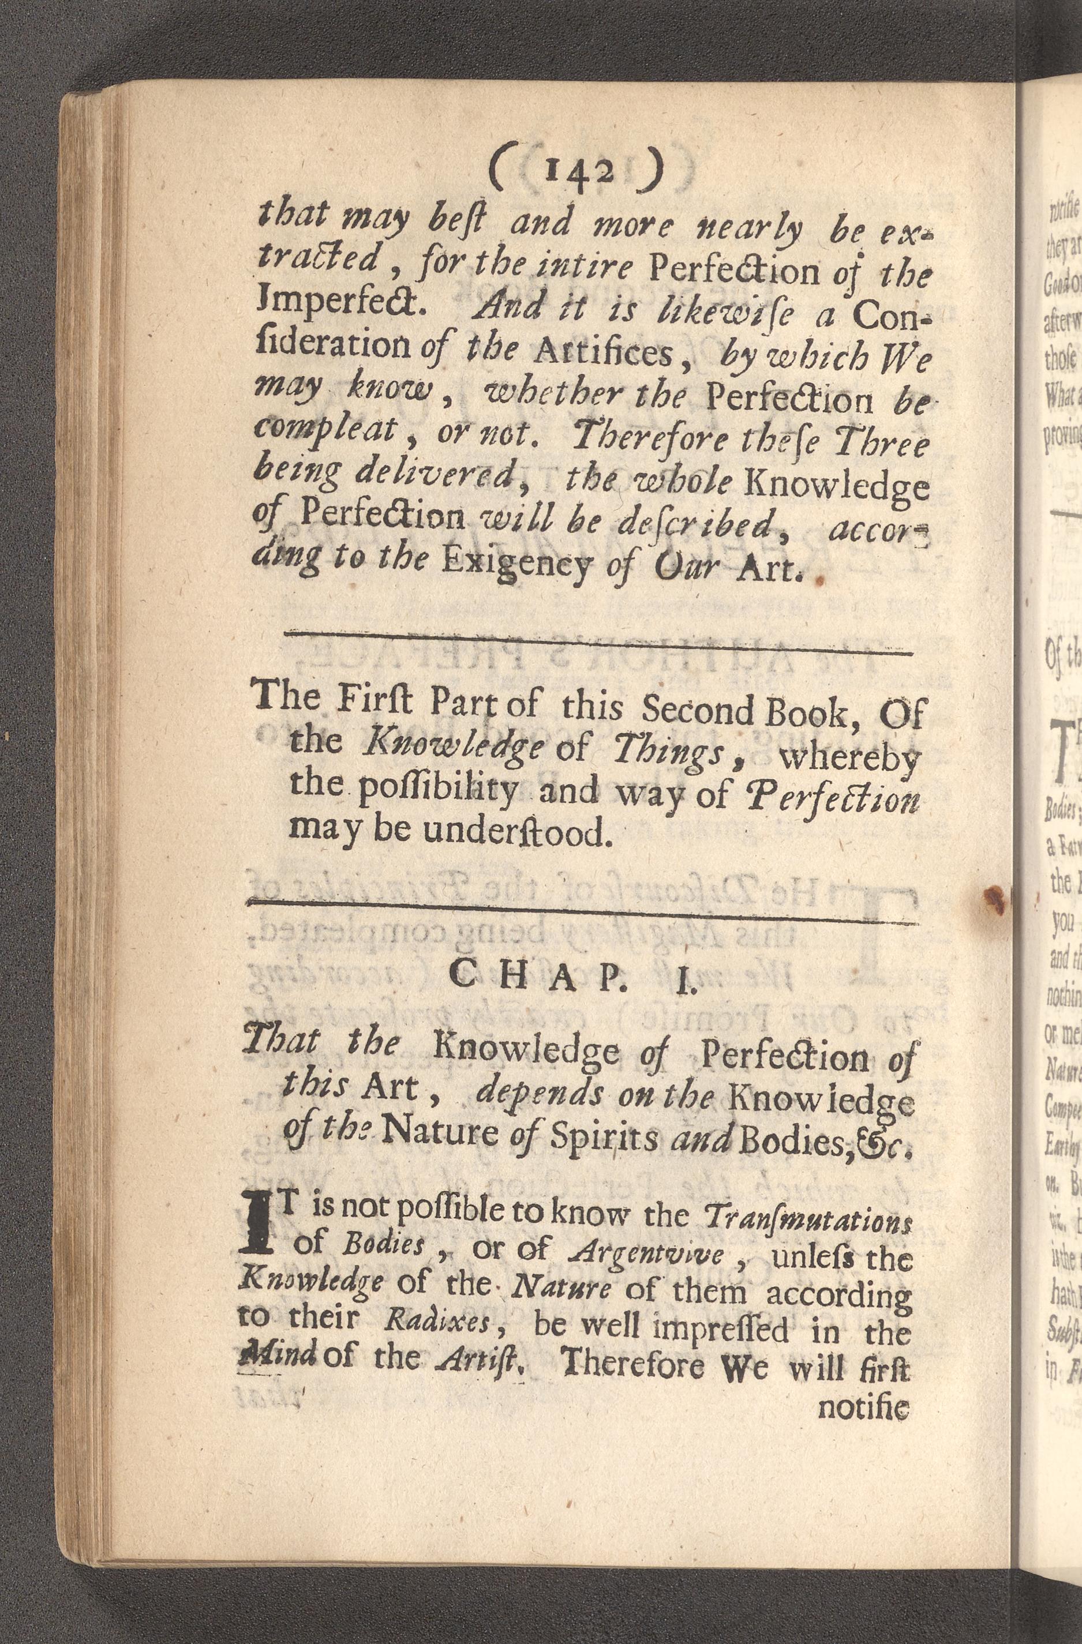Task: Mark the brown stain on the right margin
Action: (x=994, y=898)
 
